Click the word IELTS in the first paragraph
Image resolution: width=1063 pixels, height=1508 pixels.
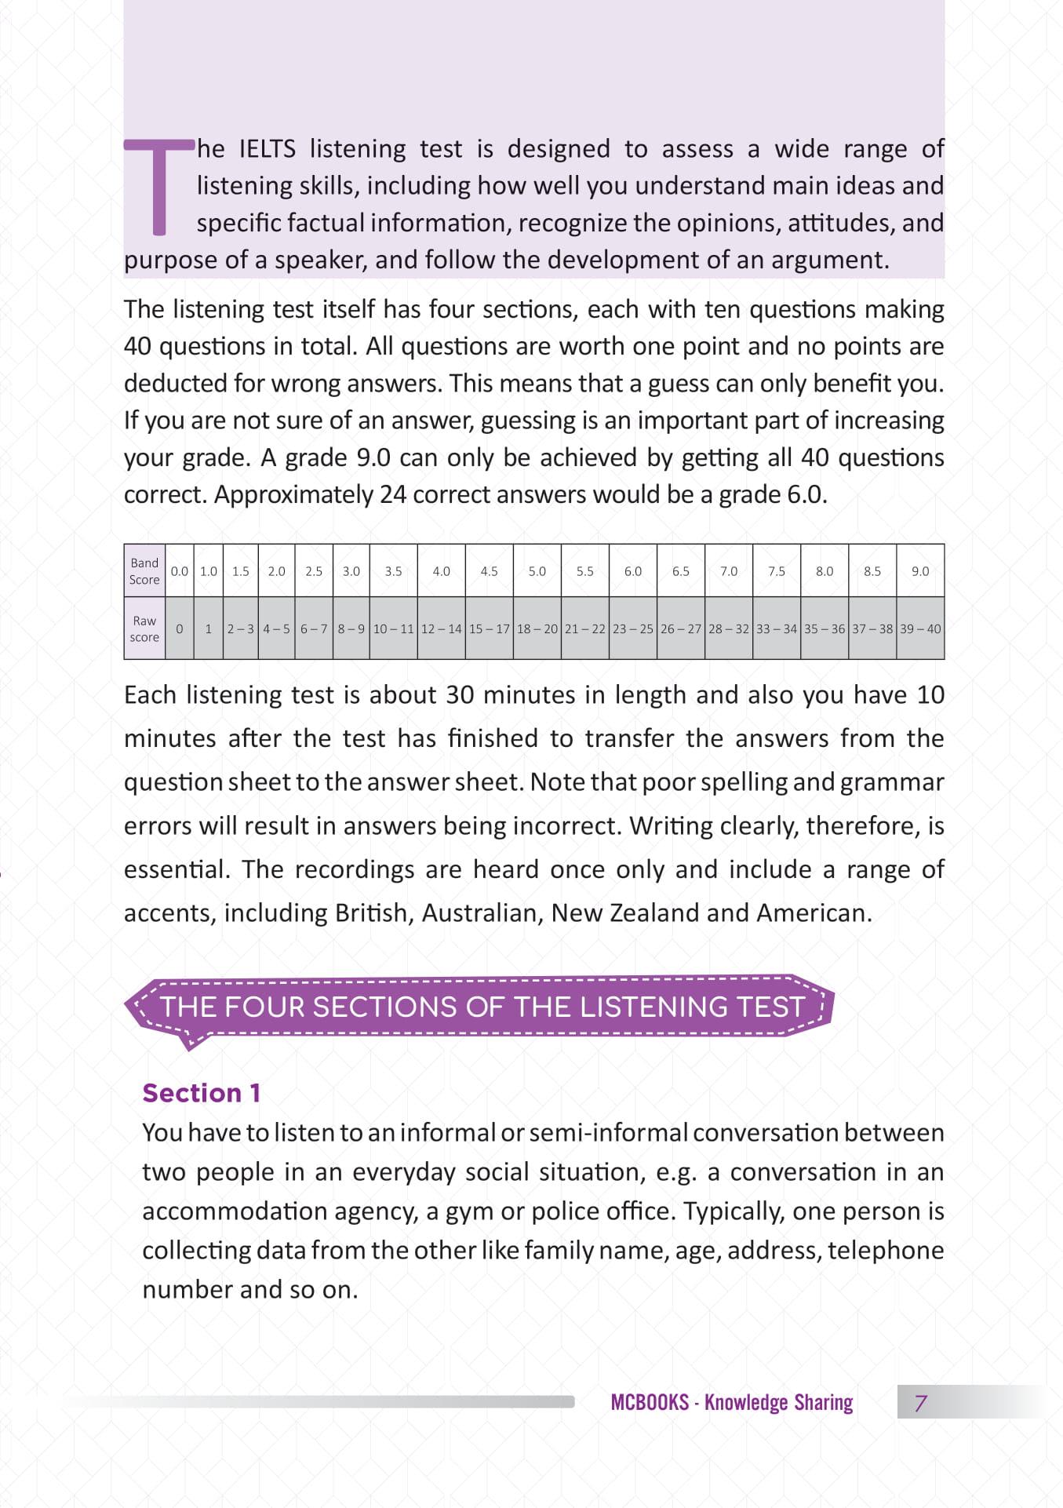[267, 149]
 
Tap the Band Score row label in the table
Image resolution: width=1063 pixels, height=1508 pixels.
[144, 571]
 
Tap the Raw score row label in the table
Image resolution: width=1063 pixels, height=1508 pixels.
[144, 628]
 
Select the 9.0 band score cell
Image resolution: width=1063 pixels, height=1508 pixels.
[919, 571]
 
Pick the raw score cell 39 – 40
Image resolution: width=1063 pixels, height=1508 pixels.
[919, 628]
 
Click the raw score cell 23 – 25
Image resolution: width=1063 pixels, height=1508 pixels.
[632, 628]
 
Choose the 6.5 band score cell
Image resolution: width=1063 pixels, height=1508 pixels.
[680, 571]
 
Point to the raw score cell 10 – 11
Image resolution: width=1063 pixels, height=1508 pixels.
[393, 628]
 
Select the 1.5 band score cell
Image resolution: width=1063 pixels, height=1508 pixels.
[240, 571]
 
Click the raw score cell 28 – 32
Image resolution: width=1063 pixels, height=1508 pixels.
[728, 628]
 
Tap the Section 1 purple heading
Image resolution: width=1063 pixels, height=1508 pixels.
[201, 1093]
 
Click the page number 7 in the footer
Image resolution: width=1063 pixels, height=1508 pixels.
[921, 1403]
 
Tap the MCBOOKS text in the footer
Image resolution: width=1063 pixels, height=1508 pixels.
[649, 1403]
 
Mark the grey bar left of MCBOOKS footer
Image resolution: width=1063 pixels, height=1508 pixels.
[329, 1402]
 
